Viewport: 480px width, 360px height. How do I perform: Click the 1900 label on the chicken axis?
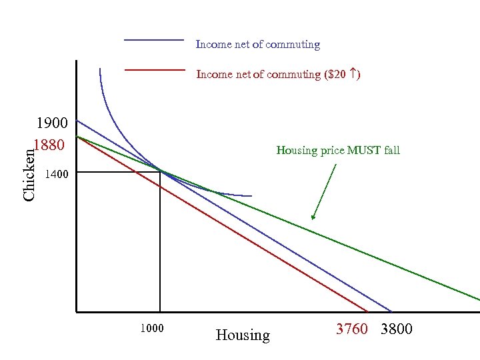click(51, 123)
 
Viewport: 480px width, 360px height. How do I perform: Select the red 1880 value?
click(48, 145)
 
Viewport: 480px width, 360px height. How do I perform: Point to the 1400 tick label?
click(55, 175)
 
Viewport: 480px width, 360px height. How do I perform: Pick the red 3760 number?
click(351, 329)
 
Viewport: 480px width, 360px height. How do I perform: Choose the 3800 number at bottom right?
click(397, 329)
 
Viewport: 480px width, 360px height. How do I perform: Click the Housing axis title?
click(243, 335)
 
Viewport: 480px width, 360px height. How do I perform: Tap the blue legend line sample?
click(154, 41)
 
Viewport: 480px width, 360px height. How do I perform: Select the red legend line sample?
click(154, 69)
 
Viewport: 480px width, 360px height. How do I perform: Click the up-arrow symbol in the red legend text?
click(352, 74)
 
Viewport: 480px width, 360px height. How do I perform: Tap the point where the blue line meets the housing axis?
click(391, 311)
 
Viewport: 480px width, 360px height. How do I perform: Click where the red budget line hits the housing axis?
click(368, 311)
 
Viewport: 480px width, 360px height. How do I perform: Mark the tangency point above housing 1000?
click(160, 171)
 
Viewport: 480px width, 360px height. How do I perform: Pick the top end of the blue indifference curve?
click(100, 69)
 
